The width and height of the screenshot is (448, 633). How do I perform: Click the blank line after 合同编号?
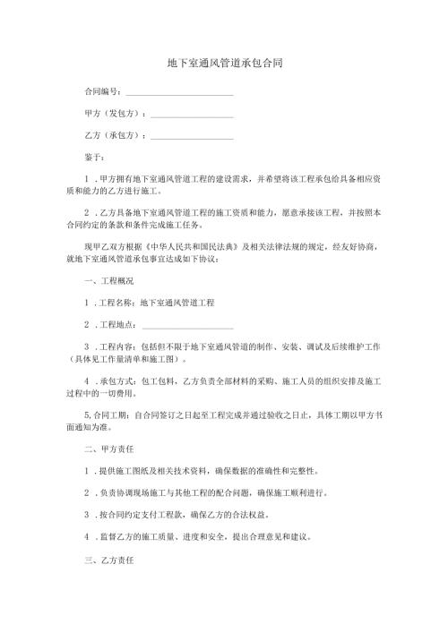point(179,93)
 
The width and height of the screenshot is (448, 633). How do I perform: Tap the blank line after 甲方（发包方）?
point(192,115)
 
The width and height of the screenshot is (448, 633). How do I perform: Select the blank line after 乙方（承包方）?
point(192,136)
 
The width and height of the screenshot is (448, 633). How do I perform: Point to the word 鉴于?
point(93,158)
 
